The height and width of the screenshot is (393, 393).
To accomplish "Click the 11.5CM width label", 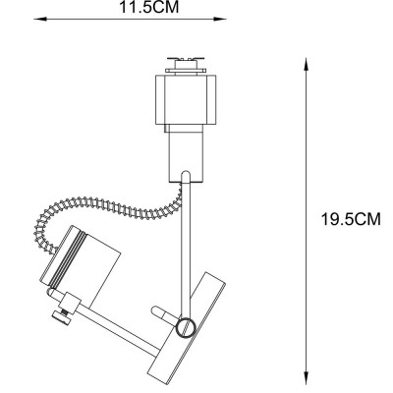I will click(x=149, y=8).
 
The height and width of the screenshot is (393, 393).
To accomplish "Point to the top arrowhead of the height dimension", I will click(x=309, y=61).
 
